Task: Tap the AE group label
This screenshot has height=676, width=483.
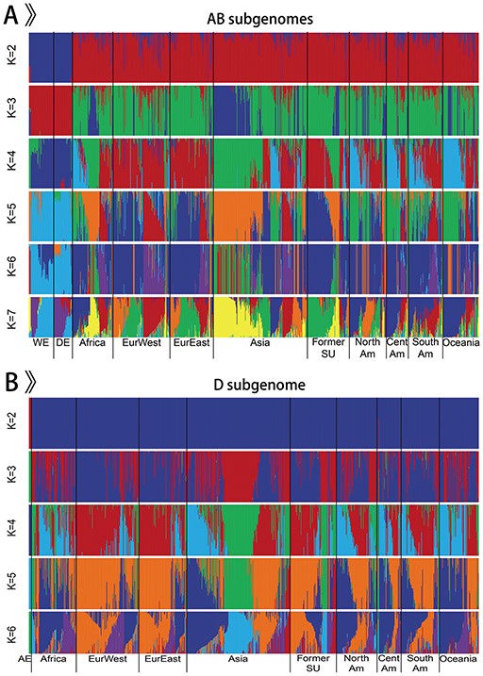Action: [25, 658]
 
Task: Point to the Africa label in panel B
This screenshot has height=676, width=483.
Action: [52, 658]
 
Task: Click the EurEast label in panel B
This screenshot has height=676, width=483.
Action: [161, 658]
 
